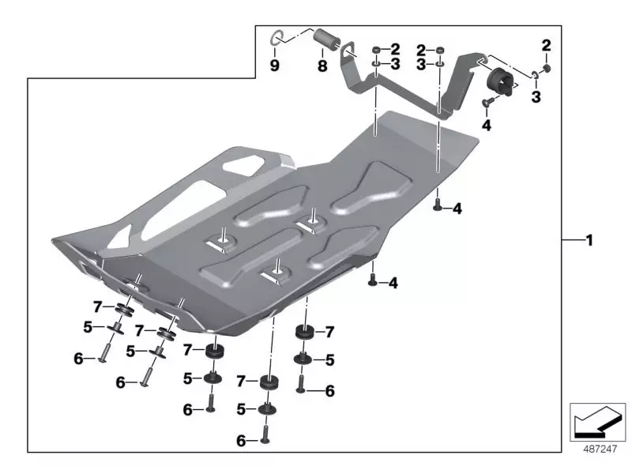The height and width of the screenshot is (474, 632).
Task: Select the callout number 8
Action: pyautogui.click(x=322, y=67)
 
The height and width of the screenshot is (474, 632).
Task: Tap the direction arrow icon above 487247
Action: pyautogui.click(x=596, y=420)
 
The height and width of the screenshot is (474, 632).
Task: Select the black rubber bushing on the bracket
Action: pyautogui.click(x=500, y=81)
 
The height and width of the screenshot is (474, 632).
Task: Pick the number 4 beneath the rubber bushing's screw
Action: pyautogui.click(x=486, y=125)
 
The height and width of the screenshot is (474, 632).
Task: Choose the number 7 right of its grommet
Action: pyautogui.click(x=329, y=332)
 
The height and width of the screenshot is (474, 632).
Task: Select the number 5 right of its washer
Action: pyautogui.click(x=329, y=359)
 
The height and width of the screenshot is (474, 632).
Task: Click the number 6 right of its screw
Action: pyautogui.click(x=329, y=390)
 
